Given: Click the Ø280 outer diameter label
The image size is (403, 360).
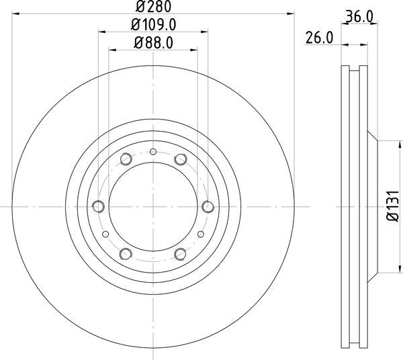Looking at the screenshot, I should (153, 7).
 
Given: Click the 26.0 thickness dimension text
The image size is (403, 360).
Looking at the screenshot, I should (319, 38).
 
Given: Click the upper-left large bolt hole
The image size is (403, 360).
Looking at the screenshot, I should (126, 159).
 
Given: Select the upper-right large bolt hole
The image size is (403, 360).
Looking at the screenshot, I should (180, 159).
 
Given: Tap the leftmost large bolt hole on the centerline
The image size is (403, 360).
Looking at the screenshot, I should (99, 206).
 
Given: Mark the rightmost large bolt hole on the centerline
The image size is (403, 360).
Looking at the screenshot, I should (207, 206).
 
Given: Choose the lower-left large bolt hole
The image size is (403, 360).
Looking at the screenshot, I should (126, 253).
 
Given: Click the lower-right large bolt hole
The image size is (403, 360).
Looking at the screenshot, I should (180, 253).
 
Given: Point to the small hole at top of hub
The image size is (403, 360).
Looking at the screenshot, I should (153, 152).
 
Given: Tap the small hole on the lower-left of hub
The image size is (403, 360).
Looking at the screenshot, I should (105, 233).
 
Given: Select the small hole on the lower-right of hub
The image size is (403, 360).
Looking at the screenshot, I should (200, 233).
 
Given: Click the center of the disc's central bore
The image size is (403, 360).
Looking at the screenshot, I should (153, 206).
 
